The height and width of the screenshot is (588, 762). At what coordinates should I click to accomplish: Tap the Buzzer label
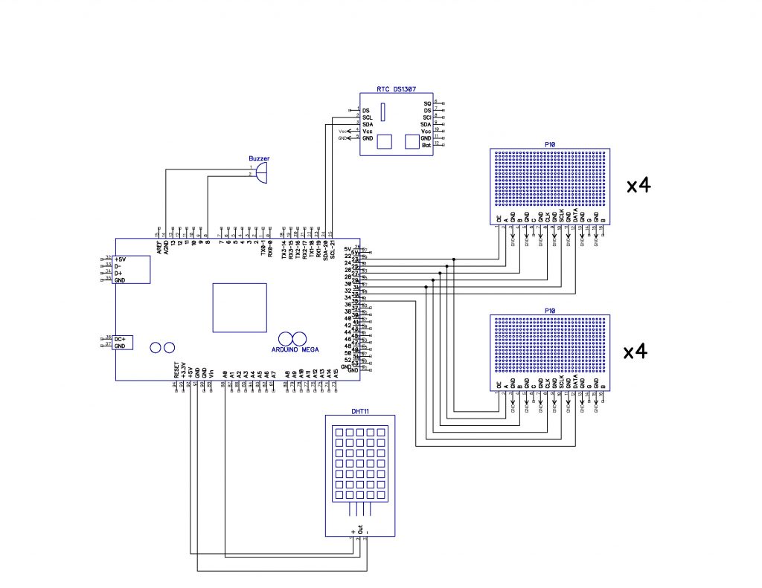click(259, 158)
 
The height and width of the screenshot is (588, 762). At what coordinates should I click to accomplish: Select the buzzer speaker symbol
click(260, 173)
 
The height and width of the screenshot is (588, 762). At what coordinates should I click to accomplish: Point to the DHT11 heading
click(360, 410)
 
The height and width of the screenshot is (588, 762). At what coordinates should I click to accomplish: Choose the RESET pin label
click(177, 370)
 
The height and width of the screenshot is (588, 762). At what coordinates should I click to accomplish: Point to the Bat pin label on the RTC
click(426, 145)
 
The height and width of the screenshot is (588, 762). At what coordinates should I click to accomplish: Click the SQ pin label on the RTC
click(427, 103)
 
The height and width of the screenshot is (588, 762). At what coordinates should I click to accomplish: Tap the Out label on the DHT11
click(360, 531)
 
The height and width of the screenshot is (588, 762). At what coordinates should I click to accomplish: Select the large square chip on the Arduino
click(239, 307)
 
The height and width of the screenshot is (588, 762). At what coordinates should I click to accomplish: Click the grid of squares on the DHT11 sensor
click(360, 462)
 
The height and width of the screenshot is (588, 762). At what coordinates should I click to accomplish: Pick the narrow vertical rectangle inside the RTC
click(383, 112)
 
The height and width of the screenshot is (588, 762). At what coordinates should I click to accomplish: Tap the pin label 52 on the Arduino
click(348, 360)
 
